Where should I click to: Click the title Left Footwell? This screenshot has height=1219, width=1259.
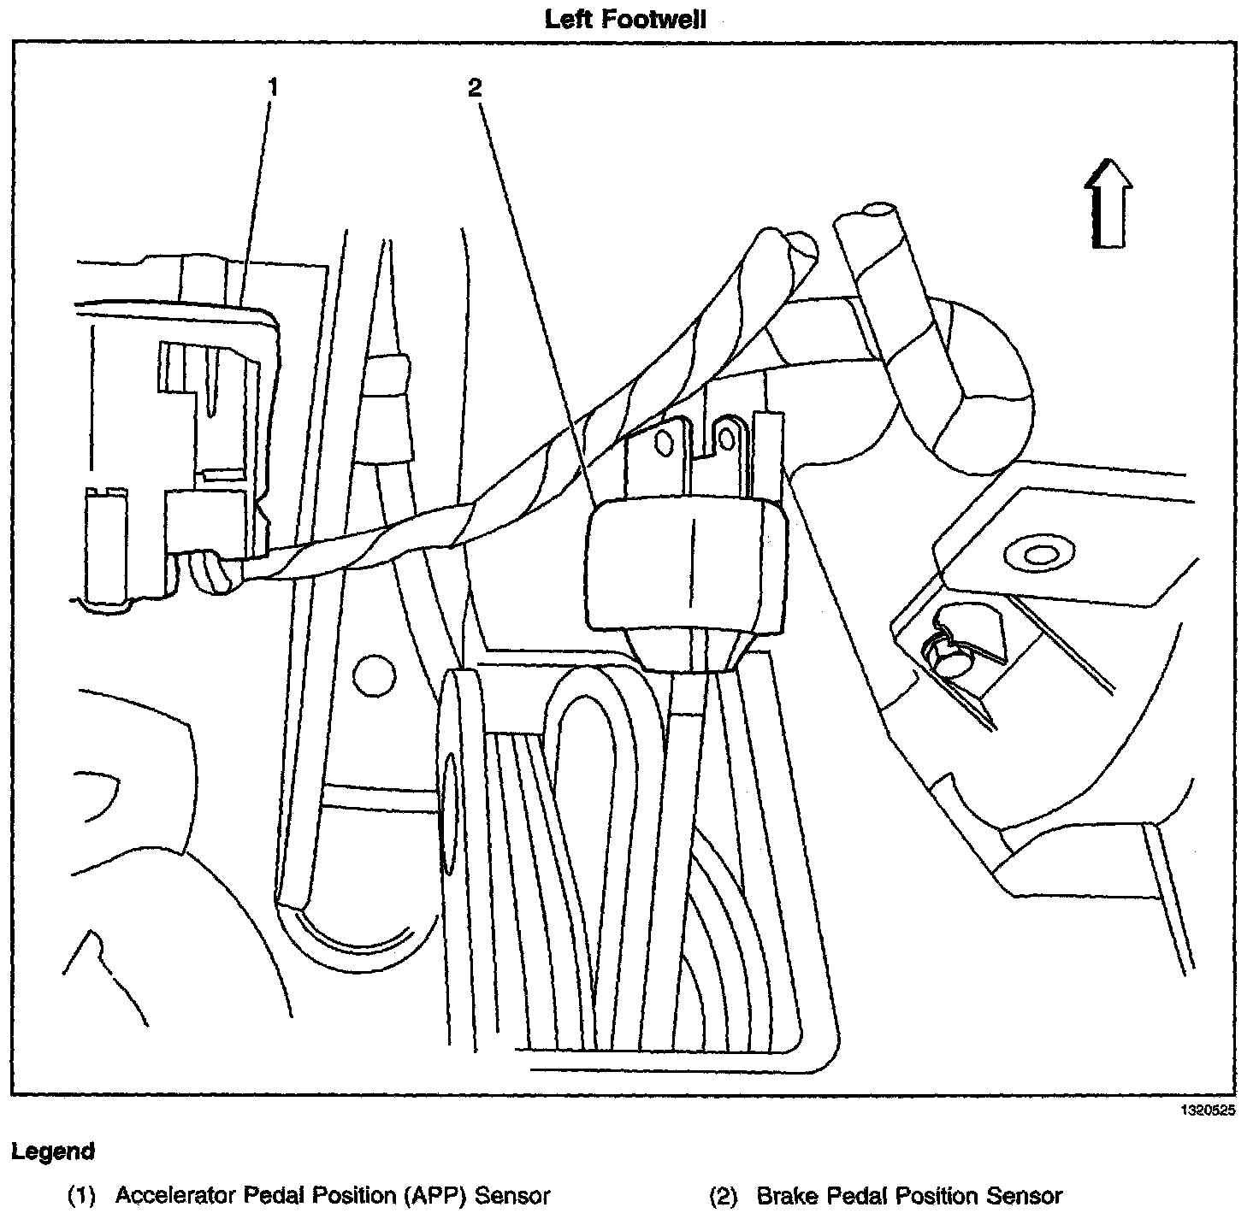625,19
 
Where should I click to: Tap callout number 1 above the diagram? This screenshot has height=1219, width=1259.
273,86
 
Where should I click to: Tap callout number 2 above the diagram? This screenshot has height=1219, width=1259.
476,86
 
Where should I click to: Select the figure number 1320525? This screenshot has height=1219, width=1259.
1209,1111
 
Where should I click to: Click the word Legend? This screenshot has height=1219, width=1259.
53,1151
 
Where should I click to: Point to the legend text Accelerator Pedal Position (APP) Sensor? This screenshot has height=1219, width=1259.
332,1195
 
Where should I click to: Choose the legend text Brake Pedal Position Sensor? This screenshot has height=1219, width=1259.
909,1195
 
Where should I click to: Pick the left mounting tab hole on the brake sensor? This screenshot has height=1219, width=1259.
661,442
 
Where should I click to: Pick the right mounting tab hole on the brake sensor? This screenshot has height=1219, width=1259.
726,439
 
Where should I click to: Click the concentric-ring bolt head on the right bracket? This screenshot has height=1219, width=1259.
1041,555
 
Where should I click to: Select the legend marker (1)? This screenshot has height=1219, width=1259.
81,1195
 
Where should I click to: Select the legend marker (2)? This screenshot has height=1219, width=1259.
723,1195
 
